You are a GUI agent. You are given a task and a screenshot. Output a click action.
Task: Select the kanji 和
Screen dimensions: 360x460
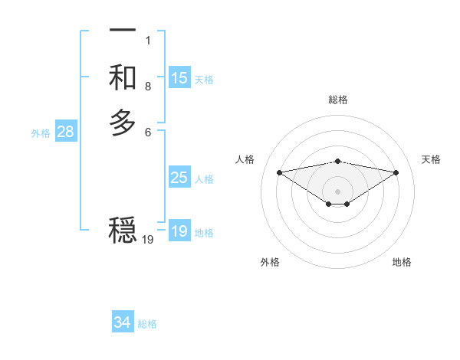(123, 77)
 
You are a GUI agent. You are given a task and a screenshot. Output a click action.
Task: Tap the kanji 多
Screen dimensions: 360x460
(123, 123)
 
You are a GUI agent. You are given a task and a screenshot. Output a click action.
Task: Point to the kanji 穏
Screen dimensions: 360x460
(123, 229)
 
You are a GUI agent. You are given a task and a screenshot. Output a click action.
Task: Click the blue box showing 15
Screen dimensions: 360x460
(179, 78)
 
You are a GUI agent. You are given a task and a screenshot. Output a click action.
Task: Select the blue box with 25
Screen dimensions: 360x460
(179, 178)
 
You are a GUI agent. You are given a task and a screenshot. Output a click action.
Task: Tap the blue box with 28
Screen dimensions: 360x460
(66, 132)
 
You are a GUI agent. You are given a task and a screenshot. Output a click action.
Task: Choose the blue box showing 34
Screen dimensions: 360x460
(123, 322)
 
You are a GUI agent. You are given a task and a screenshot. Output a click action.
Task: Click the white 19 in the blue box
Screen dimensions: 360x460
(179, 231)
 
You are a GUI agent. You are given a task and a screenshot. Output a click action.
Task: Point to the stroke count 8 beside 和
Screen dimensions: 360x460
(148, 86)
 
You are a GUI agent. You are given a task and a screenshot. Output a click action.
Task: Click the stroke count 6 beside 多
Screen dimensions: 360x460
(148, 132)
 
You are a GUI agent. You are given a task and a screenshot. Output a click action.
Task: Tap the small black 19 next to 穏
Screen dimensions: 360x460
(148, 240)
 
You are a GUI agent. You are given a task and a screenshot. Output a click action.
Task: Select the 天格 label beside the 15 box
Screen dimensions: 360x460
(204, 80)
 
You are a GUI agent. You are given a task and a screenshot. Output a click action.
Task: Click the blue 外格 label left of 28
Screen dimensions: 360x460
(41, 133)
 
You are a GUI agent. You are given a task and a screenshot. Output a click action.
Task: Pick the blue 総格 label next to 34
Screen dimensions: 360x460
(147, 324)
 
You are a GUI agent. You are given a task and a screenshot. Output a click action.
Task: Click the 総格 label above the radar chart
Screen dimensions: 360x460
(337, 100)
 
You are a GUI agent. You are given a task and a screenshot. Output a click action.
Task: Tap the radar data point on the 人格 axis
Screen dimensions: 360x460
(279, 172)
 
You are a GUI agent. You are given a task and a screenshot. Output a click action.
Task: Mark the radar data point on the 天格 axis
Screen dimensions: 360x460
(396, 172)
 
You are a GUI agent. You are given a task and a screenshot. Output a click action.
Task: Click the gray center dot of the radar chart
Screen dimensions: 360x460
(337, 191)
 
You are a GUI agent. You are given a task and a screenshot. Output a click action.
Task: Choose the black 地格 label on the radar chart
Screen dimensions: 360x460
(402, 262)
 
